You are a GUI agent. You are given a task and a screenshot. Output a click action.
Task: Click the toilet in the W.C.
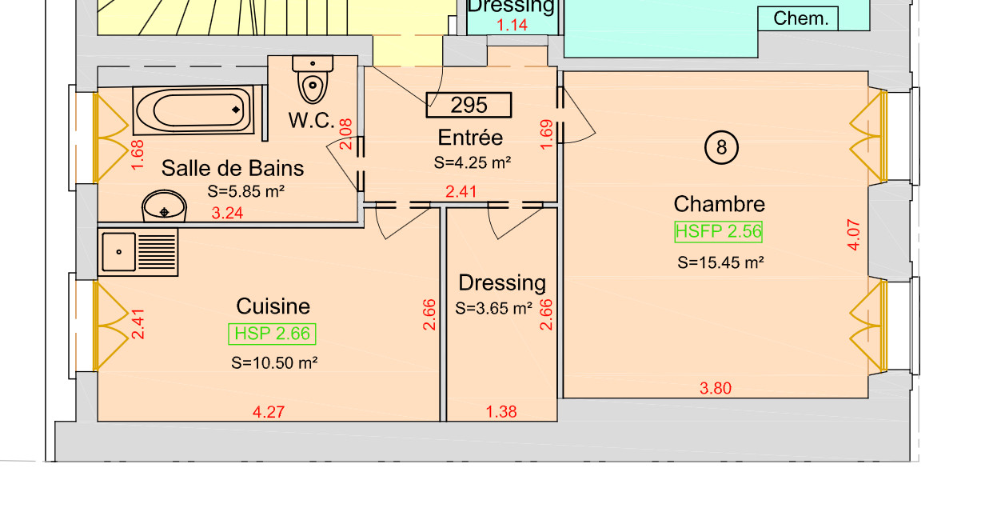[x=313, y=78]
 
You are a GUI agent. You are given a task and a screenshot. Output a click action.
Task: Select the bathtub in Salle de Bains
[x=193, y=110]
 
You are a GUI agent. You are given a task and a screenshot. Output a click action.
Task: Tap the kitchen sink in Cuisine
[x=138, y=252]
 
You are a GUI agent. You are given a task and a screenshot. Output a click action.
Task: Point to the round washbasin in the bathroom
[x=164, y=206]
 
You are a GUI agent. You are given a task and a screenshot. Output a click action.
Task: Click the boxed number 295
[x=469, y=105]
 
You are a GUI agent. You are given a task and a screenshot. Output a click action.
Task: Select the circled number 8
[x=721, y=147]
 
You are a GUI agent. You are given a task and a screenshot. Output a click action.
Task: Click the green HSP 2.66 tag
[x=272, y=334]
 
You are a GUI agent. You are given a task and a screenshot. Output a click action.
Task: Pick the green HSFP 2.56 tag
[x=719, y=232]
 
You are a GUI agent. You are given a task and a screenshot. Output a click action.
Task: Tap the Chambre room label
[x=719, y=204]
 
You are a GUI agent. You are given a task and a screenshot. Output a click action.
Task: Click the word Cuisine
[x=273, y=306]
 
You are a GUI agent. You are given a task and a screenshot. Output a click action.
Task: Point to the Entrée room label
[x=470, y=138]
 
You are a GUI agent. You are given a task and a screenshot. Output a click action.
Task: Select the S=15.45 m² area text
[x=720, y=262]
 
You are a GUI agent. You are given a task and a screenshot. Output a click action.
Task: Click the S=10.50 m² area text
[x=274, y=362]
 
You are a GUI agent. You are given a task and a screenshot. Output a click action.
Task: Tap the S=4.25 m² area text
[x=473, y=162]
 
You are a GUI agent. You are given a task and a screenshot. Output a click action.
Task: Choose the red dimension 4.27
[x=269, y=412]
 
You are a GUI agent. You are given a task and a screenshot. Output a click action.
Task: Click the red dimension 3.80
[x=716, y=388]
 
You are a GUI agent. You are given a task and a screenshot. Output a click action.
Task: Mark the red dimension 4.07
[x=854, y=234]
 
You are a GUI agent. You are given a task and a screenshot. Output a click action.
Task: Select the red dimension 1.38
[x=501, y=412]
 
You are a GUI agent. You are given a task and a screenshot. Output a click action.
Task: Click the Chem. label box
[x=798, y=18]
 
